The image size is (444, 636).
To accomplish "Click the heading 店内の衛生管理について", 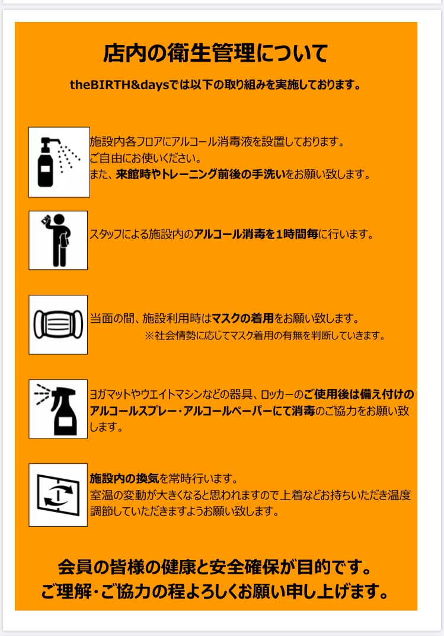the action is [215, 53].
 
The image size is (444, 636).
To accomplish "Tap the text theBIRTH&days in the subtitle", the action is [119, 85].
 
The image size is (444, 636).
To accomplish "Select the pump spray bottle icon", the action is [59, 162].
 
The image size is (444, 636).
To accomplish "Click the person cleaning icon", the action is [58, 240].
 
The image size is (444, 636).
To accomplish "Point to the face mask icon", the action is [58, 325].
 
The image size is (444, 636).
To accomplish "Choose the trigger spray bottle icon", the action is [58, 409].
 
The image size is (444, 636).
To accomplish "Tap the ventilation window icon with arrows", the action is [58, 495].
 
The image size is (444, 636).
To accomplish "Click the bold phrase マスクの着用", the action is [242, 319].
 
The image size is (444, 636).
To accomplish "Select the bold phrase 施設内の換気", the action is [124, 479].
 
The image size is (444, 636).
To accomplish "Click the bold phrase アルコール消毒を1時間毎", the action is [256, 234].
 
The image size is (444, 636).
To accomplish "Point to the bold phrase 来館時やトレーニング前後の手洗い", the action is [201, 174].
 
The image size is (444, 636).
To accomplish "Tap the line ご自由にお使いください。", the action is [145, 158].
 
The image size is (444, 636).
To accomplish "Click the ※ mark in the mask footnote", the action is [149, 335].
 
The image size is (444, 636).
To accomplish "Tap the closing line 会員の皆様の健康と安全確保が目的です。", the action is [215, 567].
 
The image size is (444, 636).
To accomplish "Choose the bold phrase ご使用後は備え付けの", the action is [359, 395].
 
